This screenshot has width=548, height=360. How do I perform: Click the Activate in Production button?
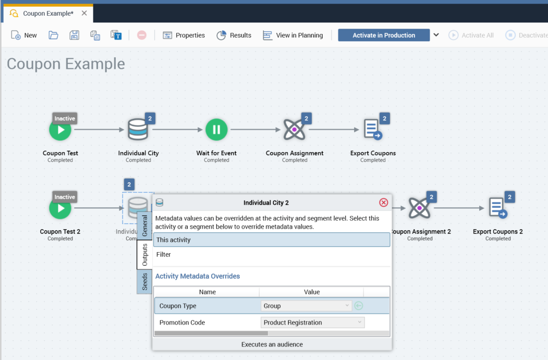coord(384,35)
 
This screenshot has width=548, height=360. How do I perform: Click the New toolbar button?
coord(24,35)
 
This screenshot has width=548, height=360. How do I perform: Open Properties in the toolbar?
coord(184,35)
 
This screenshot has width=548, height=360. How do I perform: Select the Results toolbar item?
coord(234,35)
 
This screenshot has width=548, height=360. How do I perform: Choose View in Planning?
coord(293,35)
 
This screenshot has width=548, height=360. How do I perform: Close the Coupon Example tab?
coord(84,13)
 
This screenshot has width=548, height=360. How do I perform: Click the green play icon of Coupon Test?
coord(60,130)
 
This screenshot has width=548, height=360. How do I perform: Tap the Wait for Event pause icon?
coord(216,130)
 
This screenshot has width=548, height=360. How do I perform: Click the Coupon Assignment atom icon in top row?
coord(294,130)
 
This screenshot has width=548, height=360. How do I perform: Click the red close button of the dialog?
coord(383,203)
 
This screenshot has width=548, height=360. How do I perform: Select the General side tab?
coord(145,226)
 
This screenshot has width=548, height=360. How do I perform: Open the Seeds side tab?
coord(145,282)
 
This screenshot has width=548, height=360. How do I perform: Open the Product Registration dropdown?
coord(312,322)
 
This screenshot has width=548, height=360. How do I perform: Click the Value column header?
coord(311,292)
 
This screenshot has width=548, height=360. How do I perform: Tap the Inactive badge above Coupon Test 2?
coord(65,197)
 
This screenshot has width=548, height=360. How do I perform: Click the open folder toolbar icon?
coord(53,35)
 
